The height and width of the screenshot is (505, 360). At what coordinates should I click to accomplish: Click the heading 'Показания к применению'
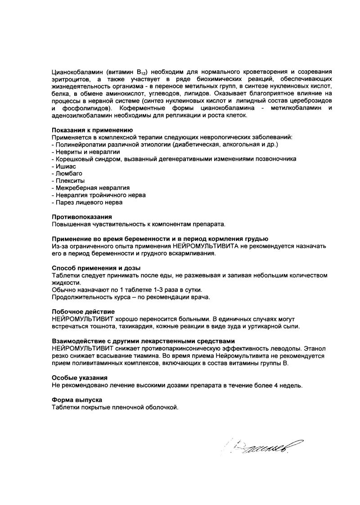[85, 130]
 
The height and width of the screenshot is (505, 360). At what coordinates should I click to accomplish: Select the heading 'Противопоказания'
[82, 217]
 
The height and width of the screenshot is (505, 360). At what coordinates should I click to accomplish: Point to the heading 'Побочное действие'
[83, 311]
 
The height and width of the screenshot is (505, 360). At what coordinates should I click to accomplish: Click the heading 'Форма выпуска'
[77, 400]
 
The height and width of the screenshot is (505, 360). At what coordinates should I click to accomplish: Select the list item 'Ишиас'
[66, 166]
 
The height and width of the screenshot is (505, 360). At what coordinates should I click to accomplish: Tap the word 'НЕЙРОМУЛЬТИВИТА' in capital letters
[205, 246]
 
